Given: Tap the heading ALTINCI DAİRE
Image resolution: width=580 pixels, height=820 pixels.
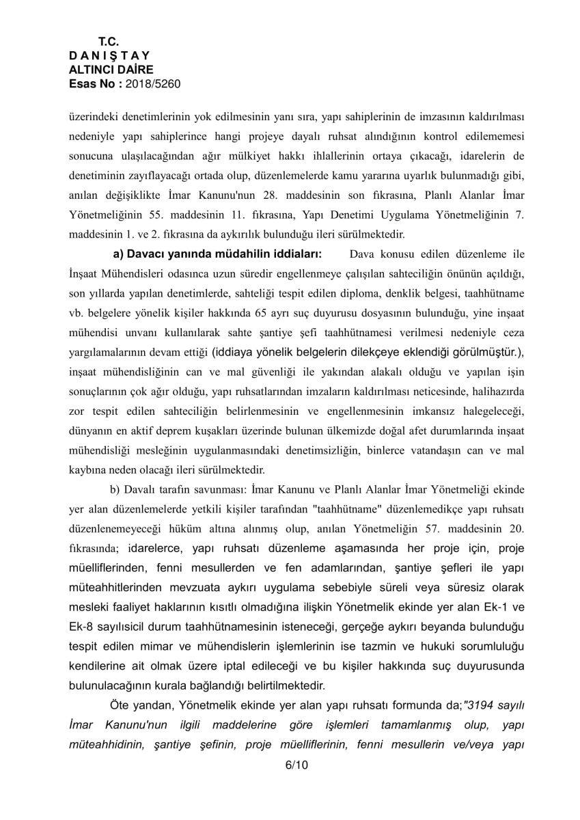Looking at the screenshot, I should click(111, 69).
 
